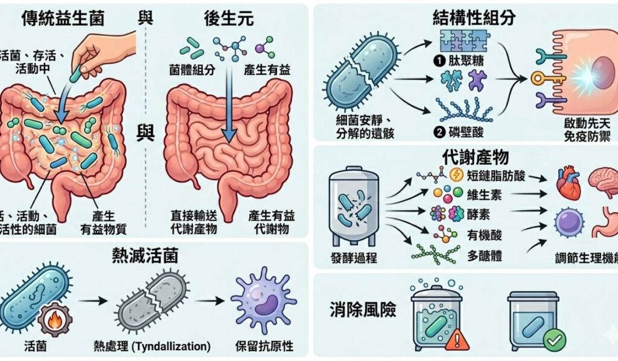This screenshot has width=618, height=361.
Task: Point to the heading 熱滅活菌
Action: (154, 255)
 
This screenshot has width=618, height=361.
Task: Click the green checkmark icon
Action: (554, 340)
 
